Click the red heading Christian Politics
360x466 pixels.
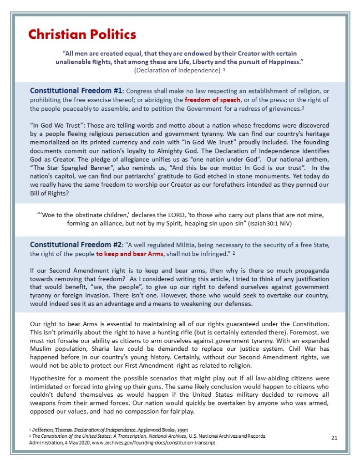click(x=82, y=35)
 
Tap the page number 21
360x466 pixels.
click(x=334, y=438)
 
